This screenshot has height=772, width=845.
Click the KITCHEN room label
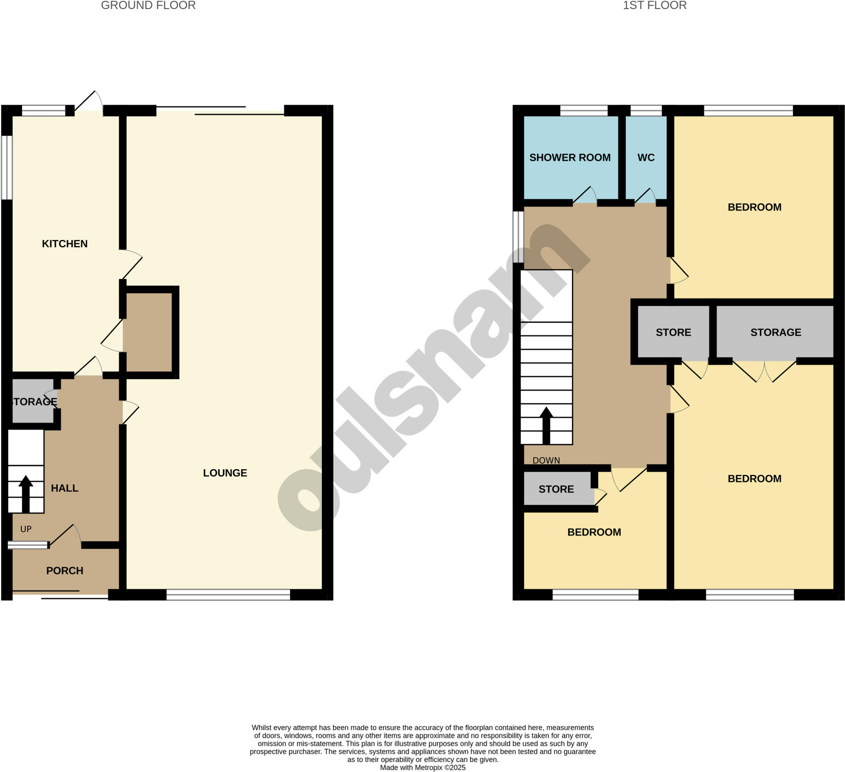[x=64, y=243]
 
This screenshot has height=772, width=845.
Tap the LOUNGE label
[x=225, y=473]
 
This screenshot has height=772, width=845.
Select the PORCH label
[x=64, y=570]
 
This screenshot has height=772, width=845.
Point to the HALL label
[x=64, y=488]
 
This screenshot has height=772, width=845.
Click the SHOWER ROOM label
[x=570, y=158]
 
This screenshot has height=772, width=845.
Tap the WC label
[x=646, y=158]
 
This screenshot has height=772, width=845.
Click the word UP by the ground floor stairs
[x=26, y=529]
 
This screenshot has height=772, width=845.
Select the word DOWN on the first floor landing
[x=546, y=460]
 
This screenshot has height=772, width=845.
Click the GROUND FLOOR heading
[x=149, y=5]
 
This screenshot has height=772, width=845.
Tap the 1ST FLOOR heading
[x=654, y=5]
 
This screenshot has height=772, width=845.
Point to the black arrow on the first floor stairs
[x=546, y=425]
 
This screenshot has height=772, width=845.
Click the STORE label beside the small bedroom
[x=556, y=489]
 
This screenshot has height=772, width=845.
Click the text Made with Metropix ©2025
[x=422, y=767]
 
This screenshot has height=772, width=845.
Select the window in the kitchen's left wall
[x=7, y=167]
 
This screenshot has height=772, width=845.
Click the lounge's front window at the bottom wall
[x=228, y=594]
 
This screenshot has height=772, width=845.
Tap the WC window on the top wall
[x=646, y=110]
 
